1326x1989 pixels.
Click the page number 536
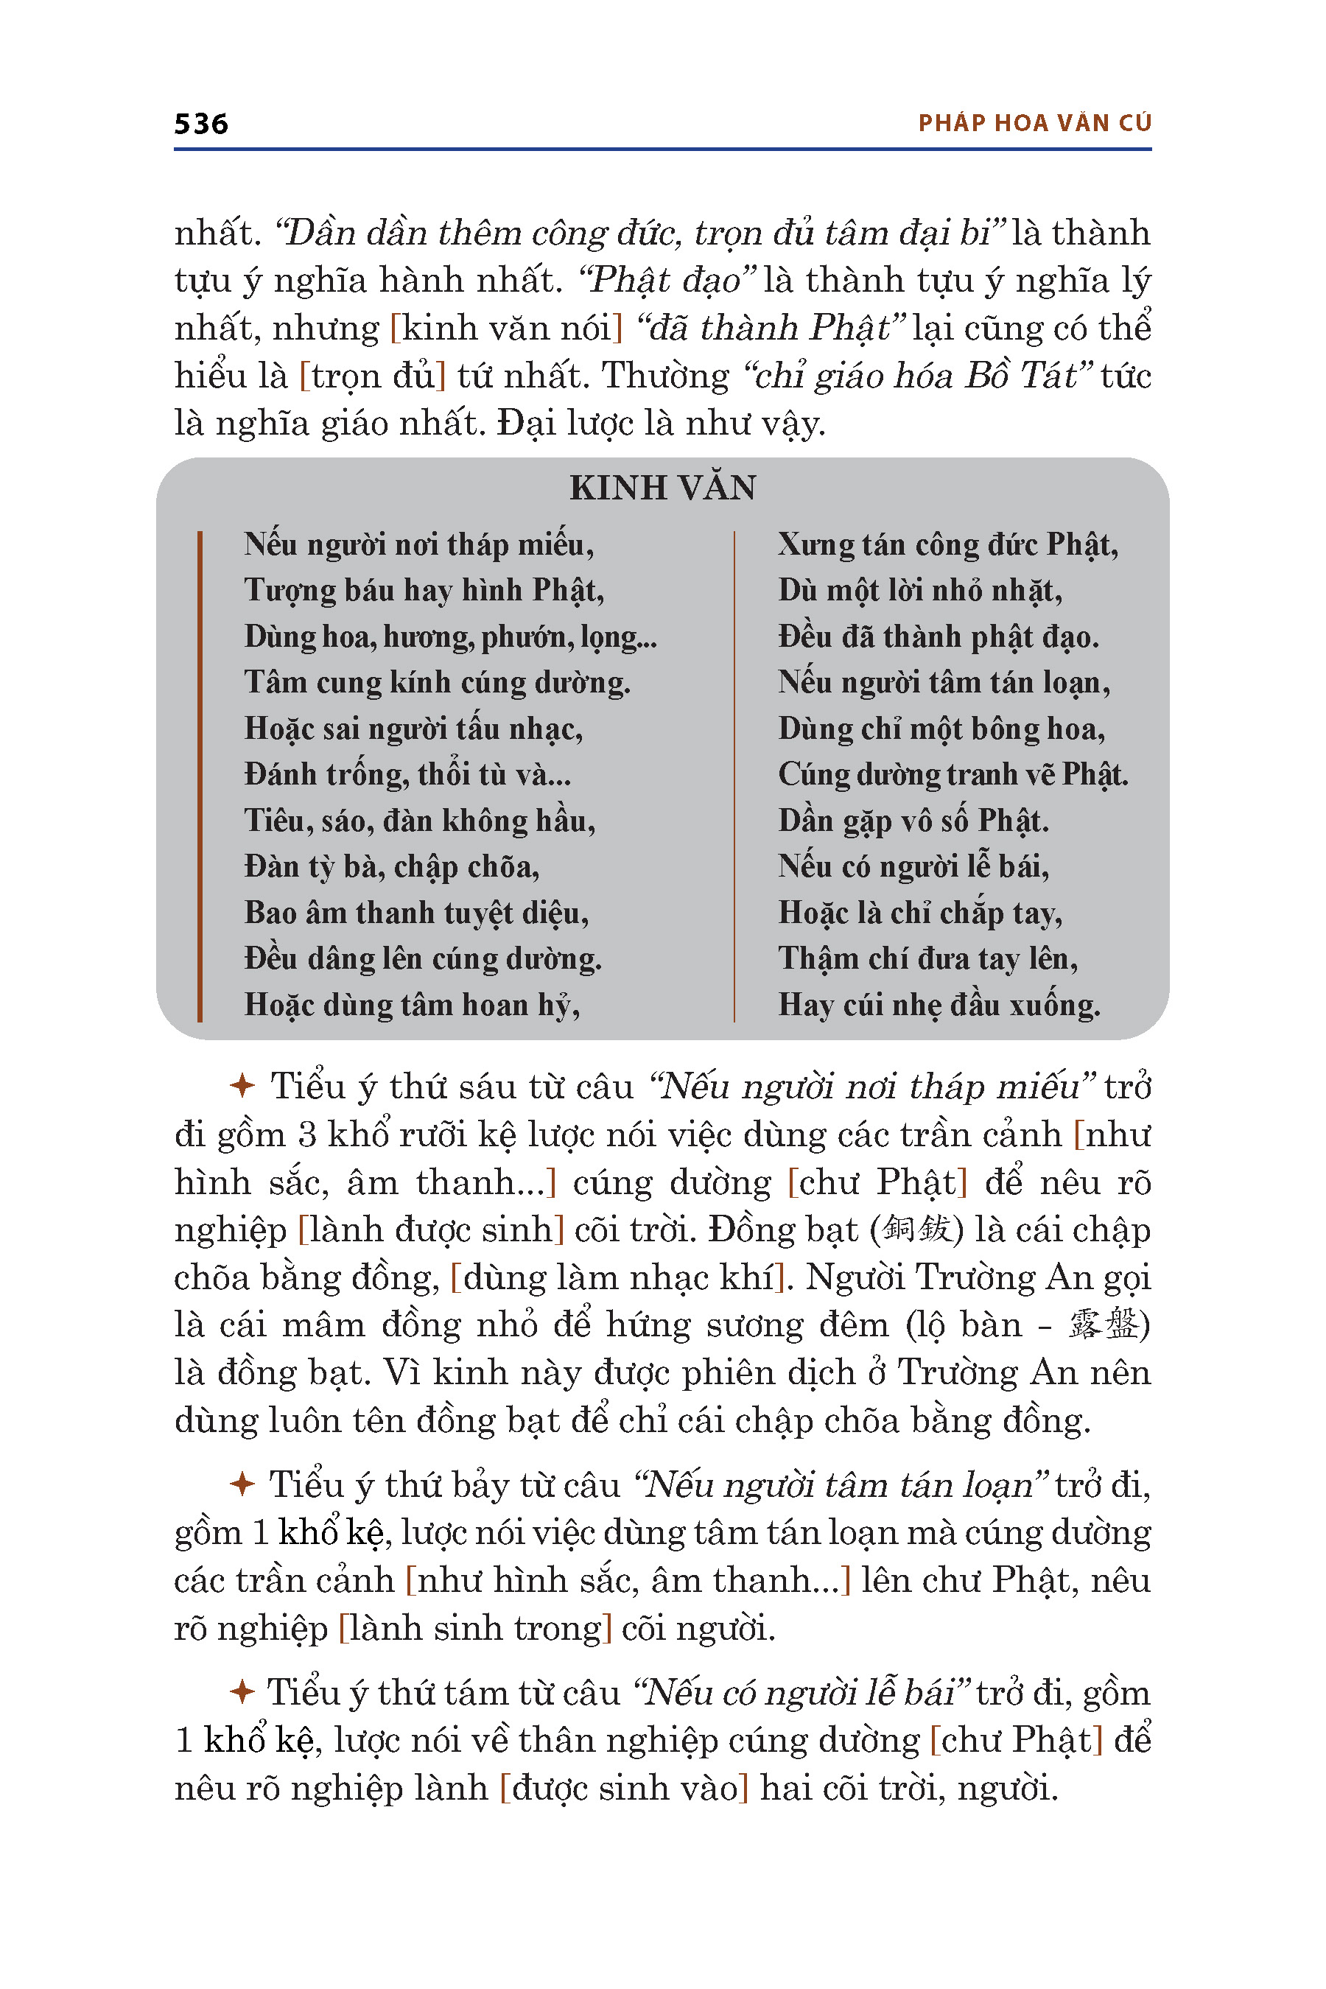point(201,124)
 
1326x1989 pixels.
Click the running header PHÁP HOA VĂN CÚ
point(1034,124)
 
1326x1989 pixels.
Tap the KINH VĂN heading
point(662,488)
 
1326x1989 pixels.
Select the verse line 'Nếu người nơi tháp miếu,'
point(418,544)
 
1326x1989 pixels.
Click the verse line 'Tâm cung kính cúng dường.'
point(437,682)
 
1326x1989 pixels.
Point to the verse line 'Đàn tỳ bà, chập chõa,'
point(392,867)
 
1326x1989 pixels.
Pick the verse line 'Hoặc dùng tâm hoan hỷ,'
point(412,1005)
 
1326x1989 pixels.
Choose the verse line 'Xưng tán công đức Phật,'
point(948,544)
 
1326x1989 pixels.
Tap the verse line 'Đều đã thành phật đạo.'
point(939,636)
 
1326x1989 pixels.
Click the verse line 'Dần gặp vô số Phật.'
point(913,821)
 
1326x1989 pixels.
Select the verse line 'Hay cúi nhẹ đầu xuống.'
point(939,1005)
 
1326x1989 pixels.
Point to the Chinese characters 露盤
point(1103,1325)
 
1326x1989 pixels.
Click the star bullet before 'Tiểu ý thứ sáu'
point(242,1085)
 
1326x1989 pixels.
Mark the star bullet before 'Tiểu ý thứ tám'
point(242,1692)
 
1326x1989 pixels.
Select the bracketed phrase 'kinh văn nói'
point(505,328)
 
